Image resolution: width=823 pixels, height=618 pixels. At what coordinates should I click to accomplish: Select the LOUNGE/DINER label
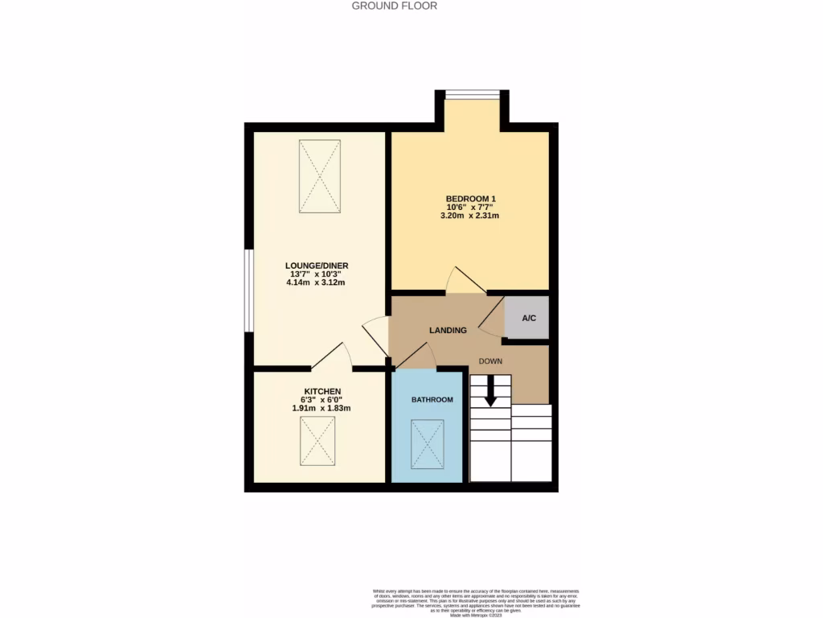[316, 265]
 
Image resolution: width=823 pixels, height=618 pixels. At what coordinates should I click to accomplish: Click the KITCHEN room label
[321, 390]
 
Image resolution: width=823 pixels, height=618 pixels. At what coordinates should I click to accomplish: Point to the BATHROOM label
[432, 400]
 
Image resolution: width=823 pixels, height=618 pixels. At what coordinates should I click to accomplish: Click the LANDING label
[448, 330]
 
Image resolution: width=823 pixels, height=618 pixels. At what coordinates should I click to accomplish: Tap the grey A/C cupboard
[528, 319]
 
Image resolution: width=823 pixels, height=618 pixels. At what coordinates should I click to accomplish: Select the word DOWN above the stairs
[491, 361]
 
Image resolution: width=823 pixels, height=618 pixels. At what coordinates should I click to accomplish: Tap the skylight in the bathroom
[428, 444]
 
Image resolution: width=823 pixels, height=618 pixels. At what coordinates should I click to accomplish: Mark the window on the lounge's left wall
[249, 290]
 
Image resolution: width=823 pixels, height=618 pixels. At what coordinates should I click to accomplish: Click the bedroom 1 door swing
[464, 281]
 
